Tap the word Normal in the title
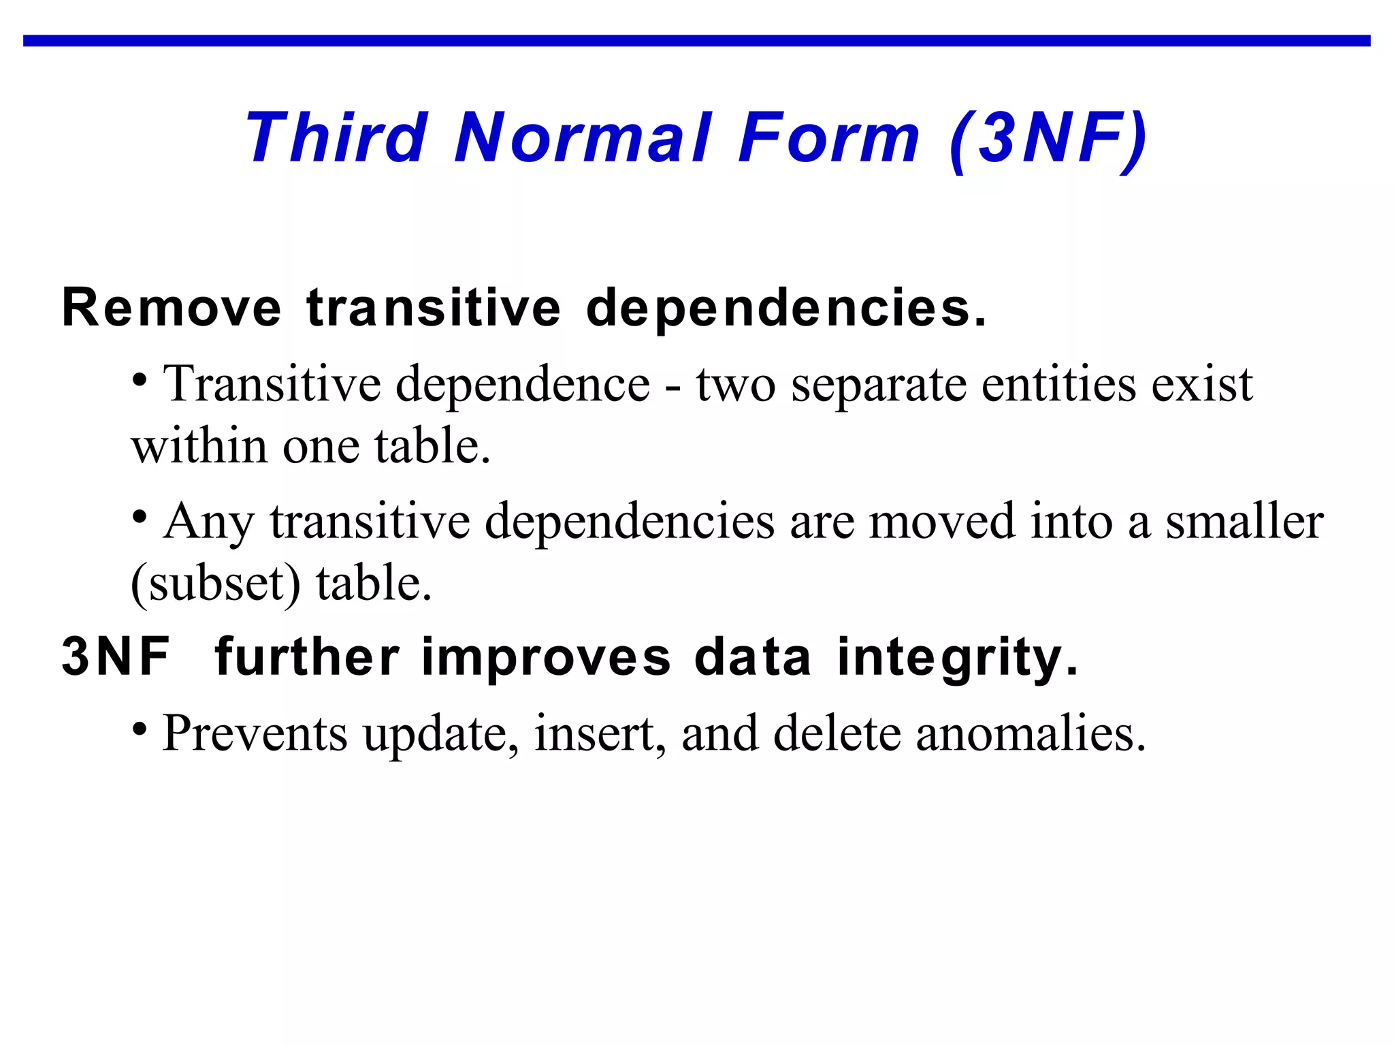tap(583, 138)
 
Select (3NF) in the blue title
tap(1047, 140)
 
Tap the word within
tap(199, 447)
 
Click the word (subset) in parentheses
tap(215, 584)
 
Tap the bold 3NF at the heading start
tap(116, 657)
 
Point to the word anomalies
tap(1031, 734)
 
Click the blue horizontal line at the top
tap(697, 41)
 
